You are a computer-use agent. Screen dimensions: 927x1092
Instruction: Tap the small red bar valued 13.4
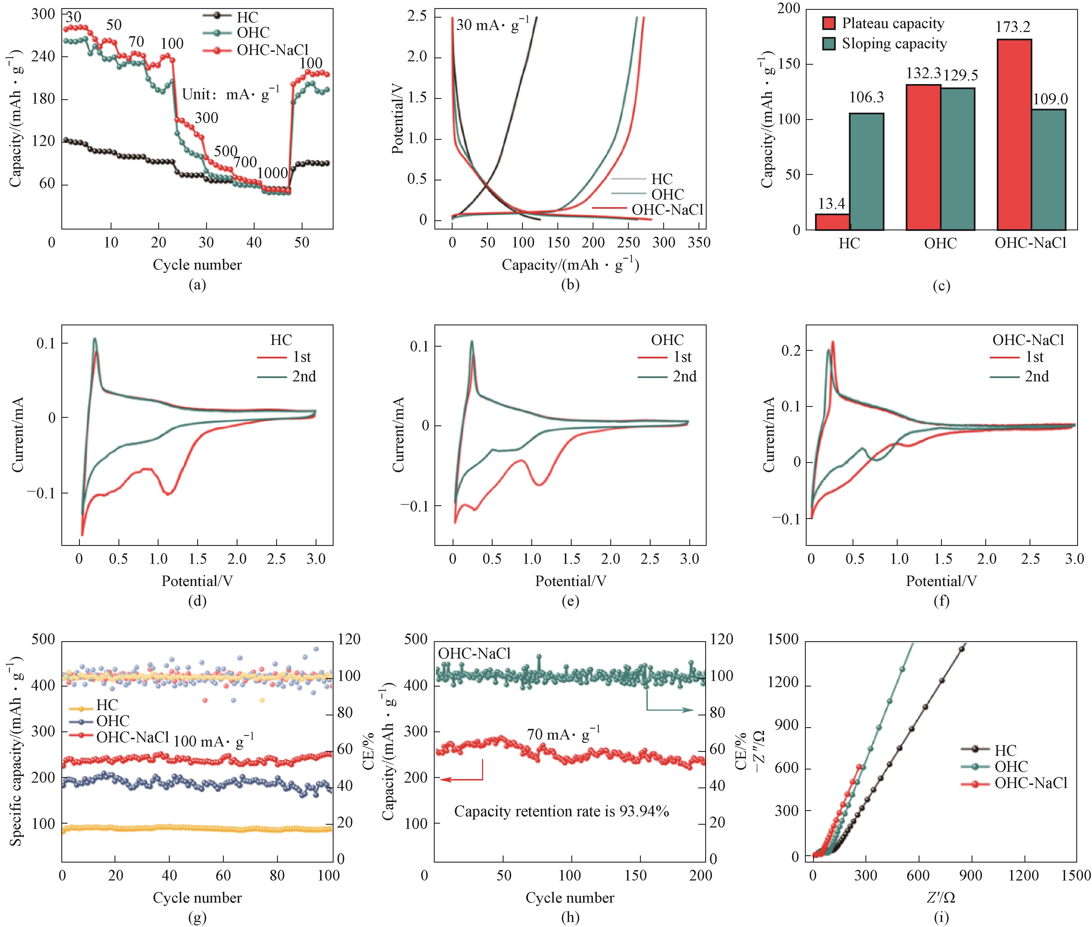pyautogui.click(x=832, y=222)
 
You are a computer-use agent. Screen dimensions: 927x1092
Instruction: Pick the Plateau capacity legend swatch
pyautogui.click(x=829, y=24)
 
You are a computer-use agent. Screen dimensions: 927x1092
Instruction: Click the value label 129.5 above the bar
pyautogui.click(x=961, y=75)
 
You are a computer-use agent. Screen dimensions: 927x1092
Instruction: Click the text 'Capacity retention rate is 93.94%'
pyautogui.click(x=562, y=811)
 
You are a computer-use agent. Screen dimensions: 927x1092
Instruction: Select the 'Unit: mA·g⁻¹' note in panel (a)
pyautogui.click(x=231, y=95)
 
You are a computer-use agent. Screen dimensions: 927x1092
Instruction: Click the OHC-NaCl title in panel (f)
pyautogui.click(x=1028, y=340)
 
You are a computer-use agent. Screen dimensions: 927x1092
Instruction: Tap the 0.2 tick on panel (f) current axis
pyautogui.click(x=791, y=351)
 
